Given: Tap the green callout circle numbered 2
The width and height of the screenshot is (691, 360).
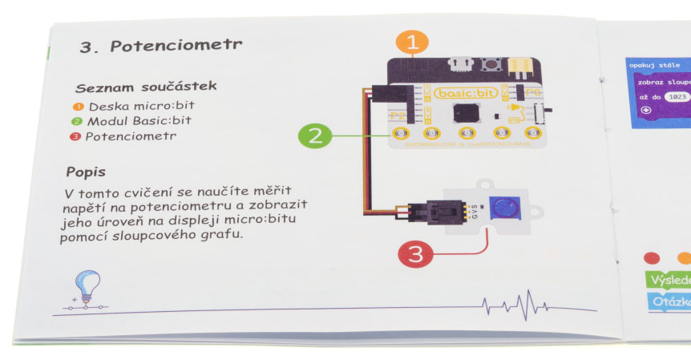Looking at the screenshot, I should pyautogui.click(x=315, y=135).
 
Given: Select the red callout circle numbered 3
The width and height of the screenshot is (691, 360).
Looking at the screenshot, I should pyautogui.click(x=415, y=255).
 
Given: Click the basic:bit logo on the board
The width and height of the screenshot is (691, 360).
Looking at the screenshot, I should pyautogui.click(x=466, y=93).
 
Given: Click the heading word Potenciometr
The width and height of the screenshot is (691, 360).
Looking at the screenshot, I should pyautogui.click(x=176, y=46).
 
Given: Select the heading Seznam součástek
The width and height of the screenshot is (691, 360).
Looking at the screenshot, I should pyautogui.click(x=145, y=87).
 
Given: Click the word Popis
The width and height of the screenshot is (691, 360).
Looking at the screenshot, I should pyautogui.click(x=86, y=172).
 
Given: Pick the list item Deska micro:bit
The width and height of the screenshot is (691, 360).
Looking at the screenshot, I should pyautogui.click(x=141, y=106).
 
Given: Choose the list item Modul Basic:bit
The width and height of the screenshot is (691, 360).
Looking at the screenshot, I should pyautogui.click(x=139, y=121).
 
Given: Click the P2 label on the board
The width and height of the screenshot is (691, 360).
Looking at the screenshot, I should pyautogui.click(x=398, y=115).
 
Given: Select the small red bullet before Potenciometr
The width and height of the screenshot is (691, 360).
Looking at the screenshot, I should pyautogui.click(x=78, y=136).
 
